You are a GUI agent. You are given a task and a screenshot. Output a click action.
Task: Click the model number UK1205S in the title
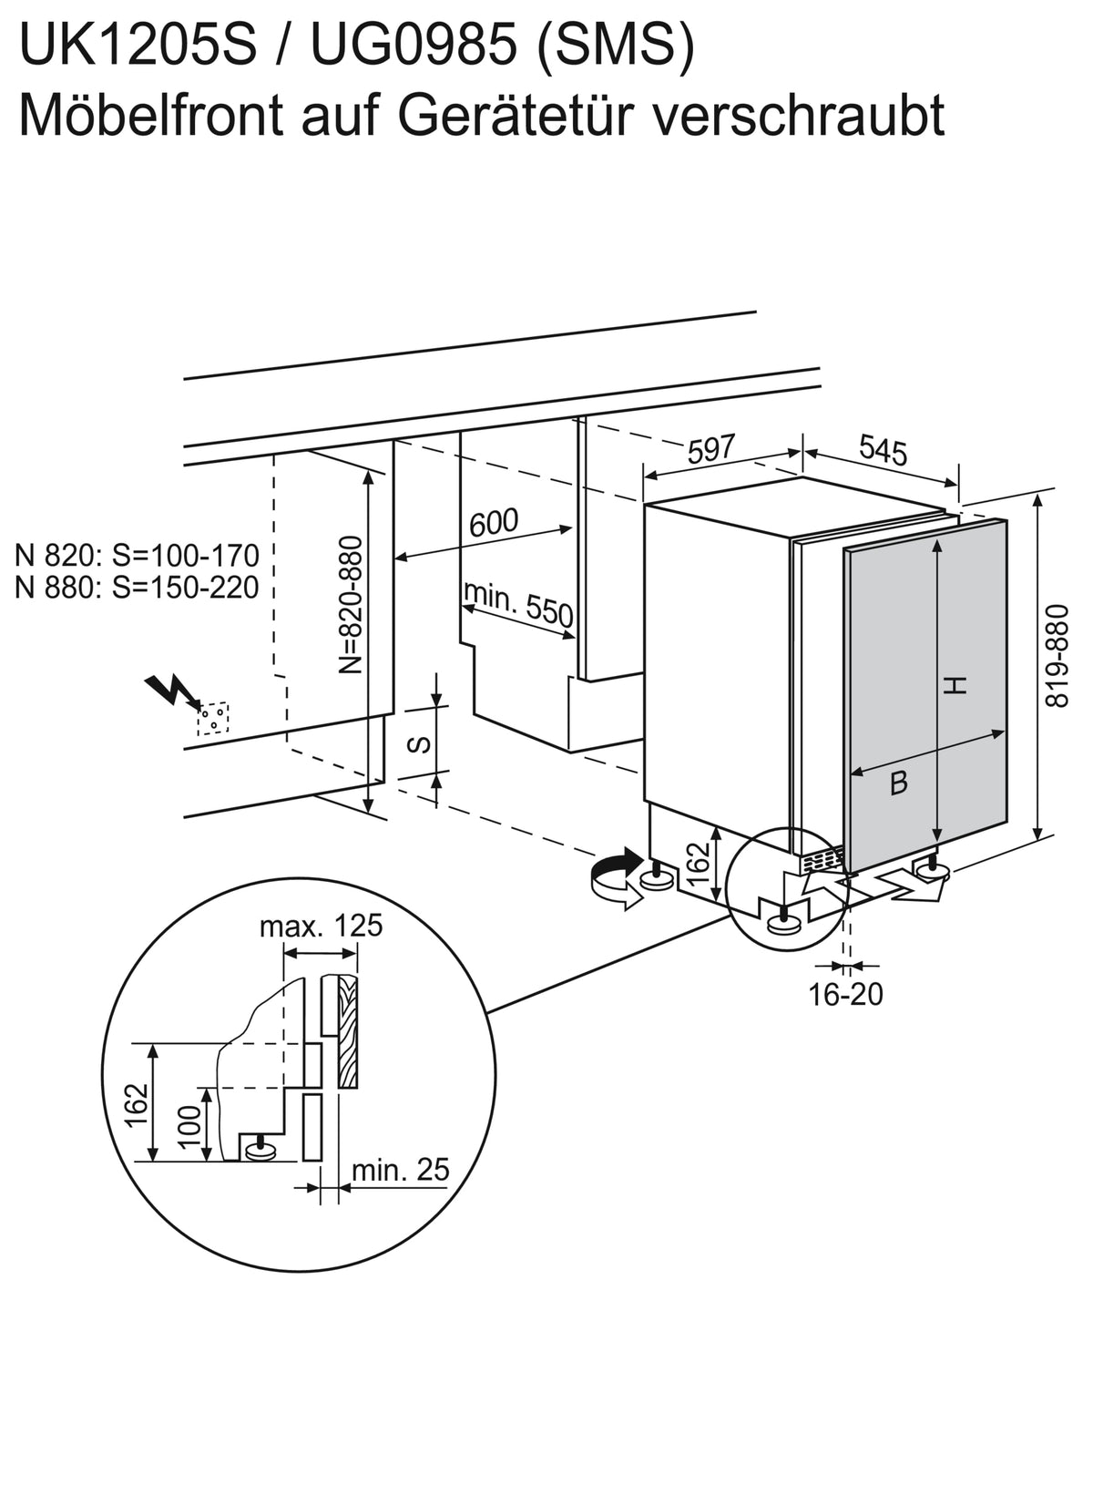[x=138, y=45]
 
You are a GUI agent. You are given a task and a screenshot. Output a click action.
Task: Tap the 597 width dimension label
[x=711, y=448]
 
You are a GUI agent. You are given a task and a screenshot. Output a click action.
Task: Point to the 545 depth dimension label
[x=883, y=449]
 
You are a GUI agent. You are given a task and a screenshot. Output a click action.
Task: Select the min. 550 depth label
[x=518, y=603]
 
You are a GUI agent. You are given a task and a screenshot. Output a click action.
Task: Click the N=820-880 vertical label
[x=351, y=605]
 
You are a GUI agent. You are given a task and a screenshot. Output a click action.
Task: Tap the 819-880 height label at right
[x=1057, y=656]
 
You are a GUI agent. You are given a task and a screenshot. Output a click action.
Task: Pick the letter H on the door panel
[x=955, y=685]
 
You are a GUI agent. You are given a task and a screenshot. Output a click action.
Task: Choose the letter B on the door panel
[x=899, y=783]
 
